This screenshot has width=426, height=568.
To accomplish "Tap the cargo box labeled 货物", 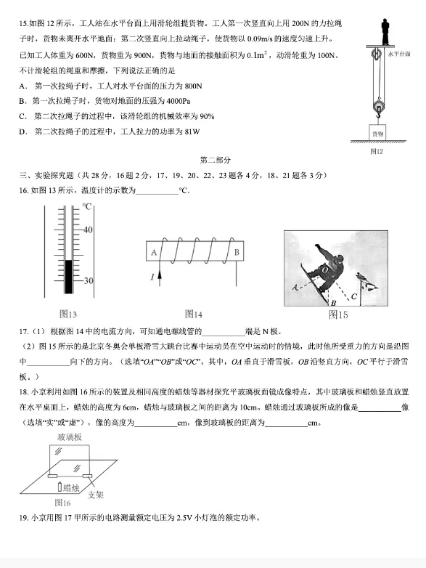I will (377, 134).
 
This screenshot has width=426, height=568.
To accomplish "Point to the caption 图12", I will (376, 151).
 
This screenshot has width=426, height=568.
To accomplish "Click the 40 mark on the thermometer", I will (87, 230).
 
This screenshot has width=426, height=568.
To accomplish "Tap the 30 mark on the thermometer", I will (87, 280).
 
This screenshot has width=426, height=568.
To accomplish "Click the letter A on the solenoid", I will (154, 252).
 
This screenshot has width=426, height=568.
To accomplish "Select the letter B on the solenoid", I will (237, 252).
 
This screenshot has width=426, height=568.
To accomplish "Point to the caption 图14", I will (193, 314).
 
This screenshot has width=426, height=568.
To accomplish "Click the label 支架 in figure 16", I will (95, 495).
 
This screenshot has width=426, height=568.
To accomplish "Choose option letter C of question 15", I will (23, 115).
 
